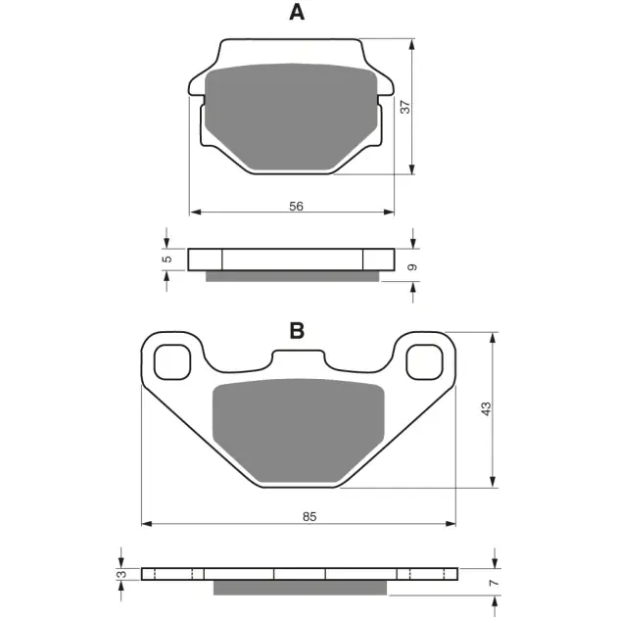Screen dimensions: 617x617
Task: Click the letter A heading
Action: coord(297,13)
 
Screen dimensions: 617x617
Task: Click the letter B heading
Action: coord(297,331)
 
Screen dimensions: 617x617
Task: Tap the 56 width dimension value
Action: coord(296,207)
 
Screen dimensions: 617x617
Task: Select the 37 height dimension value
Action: coord(404,107)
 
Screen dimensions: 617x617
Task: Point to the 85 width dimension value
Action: coord(309,516)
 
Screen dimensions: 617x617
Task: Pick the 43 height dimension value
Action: coord(487,408)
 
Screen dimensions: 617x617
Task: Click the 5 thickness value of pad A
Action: coord(167,259)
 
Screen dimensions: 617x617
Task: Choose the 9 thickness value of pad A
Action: coord(411,267)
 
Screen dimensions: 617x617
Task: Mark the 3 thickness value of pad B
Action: coord(122,574)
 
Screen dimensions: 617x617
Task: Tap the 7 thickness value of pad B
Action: coord(494,582)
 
